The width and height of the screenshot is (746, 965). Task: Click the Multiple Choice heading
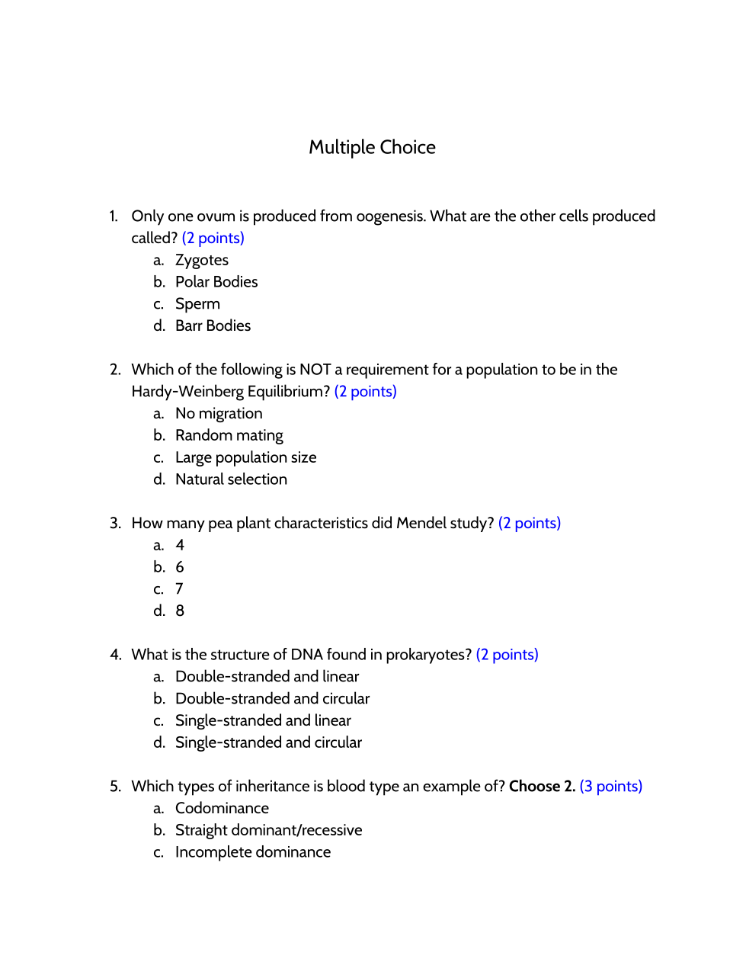coord(372,147)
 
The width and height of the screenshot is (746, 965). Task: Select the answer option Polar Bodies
coord(216,282)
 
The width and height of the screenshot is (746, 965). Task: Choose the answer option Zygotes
coord(202,260)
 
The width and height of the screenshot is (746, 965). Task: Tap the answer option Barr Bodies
coord(213,326)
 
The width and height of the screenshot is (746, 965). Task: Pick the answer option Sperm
coord(197,304)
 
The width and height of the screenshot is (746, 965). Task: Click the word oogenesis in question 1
coord(390,216)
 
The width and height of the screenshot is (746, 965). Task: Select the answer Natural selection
coord(231,479)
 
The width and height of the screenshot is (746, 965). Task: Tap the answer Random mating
coord(229,435)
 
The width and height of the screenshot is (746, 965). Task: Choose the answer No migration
coord(219,413)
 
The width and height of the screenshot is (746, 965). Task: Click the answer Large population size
coord(245,457)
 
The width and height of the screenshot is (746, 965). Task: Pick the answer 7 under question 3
coord(179,589)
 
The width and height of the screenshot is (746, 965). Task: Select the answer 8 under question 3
coord(180,611)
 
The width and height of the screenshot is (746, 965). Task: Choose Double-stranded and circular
coord(272,699)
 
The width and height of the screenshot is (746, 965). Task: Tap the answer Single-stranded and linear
coord(263,721)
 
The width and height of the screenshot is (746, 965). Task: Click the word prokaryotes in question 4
coord(428,655)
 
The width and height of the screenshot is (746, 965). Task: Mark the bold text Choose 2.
coord(542,787)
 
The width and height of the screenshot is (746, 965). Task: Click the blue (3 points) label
coord(610,787)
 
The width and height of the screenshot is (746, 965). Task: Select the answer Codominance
coord(222,809)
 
